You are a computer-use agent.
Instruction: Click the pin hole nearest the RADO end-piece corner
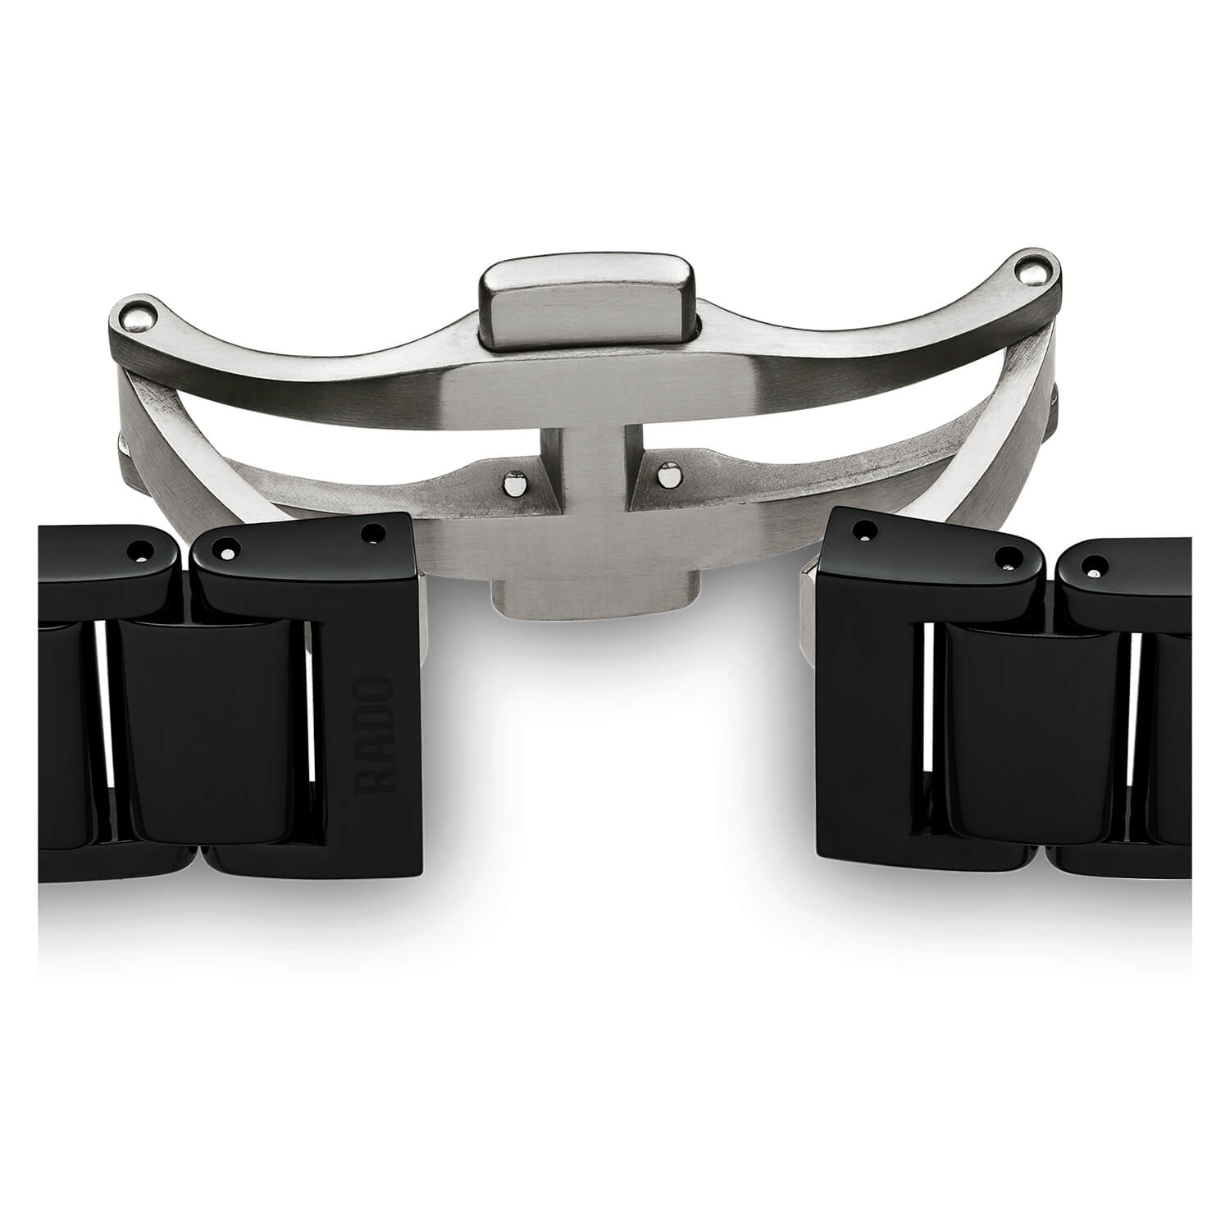pos(376,533)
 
